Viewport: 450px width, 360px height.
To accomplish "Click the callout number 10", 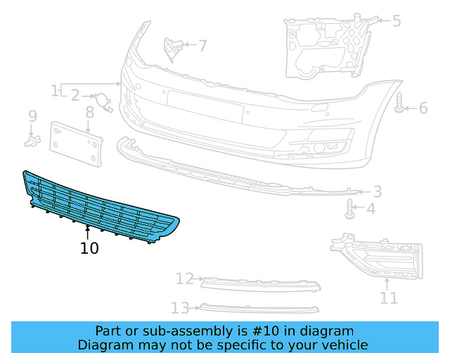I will pos(89,248).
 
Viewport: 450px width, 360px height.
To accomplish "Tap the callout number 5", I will pos(397,21).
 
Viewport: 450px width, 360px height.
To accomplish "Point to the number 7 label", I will pos(202,46).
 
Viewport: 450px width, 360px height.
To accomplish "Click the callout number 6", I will pos(423,108).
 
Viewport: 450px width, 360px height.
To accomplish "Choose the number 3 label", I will pos(378,191).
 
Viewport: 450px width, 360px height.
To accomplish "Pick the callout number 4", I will pos(371,209).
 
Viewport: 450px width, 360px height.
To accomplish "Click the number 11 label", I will pos(388,298).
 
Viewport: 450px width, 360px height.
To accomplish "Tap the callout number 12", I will pos(184,279).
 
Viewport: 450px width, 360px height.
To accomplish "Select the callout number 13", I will pos(181,307).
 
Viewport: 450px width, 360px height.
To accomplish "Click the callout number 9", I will pos(32,116).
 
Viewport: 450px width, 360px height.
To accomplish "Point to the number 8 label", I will pos(90,112).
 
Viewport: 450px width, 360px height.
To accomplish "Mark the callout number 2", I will pos(75,95).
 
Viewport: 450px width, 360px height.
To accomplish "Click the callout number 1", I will pos(55,91).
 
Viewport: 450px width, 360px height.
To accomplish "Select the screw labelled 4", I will pos(349,208).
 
